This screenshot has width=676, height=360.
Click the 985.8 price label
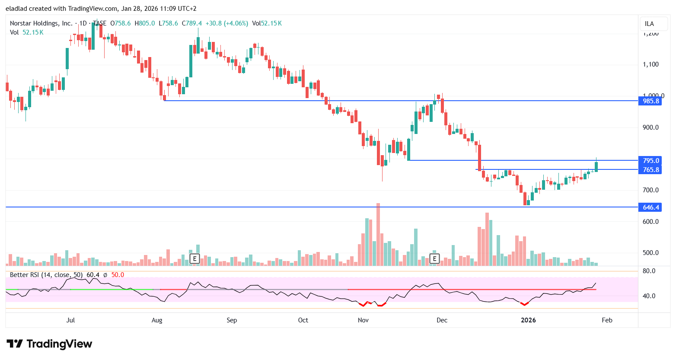point(650,101)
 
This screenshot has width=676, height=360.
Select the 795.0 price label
point(650,161)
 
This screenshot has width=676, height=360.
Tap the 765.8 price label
point(650,170)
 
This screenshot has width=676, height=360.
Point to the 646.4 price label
point(650,207)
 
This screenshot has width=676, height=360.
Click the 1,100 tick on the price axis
point(650,64)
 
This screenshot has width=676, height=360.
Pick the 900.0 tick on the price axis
point(650,127)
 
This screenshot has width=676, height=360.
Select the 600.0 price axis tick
point(650,222)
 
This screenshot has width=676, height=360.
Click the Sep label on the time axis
point(232,320)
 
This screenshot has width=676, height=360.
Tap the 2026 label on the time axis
point(528,320)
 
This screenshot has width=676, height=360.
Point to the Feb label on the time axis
point(607,320)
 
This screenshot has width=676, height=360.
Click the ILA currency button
point(649,24)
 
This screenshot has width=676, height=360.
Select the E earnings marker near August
point(195,259)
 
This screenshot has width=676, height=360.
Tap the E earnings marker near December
point(434,259)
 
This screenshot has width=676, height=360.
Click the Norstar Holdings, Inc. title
point(41,23)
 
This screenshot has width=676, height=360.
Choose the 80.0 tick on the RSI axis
point(649,271)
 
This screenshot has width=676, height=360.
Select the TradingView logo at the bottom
point(49,344)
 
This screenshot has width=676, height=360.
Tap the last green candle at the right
point(596,166)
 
